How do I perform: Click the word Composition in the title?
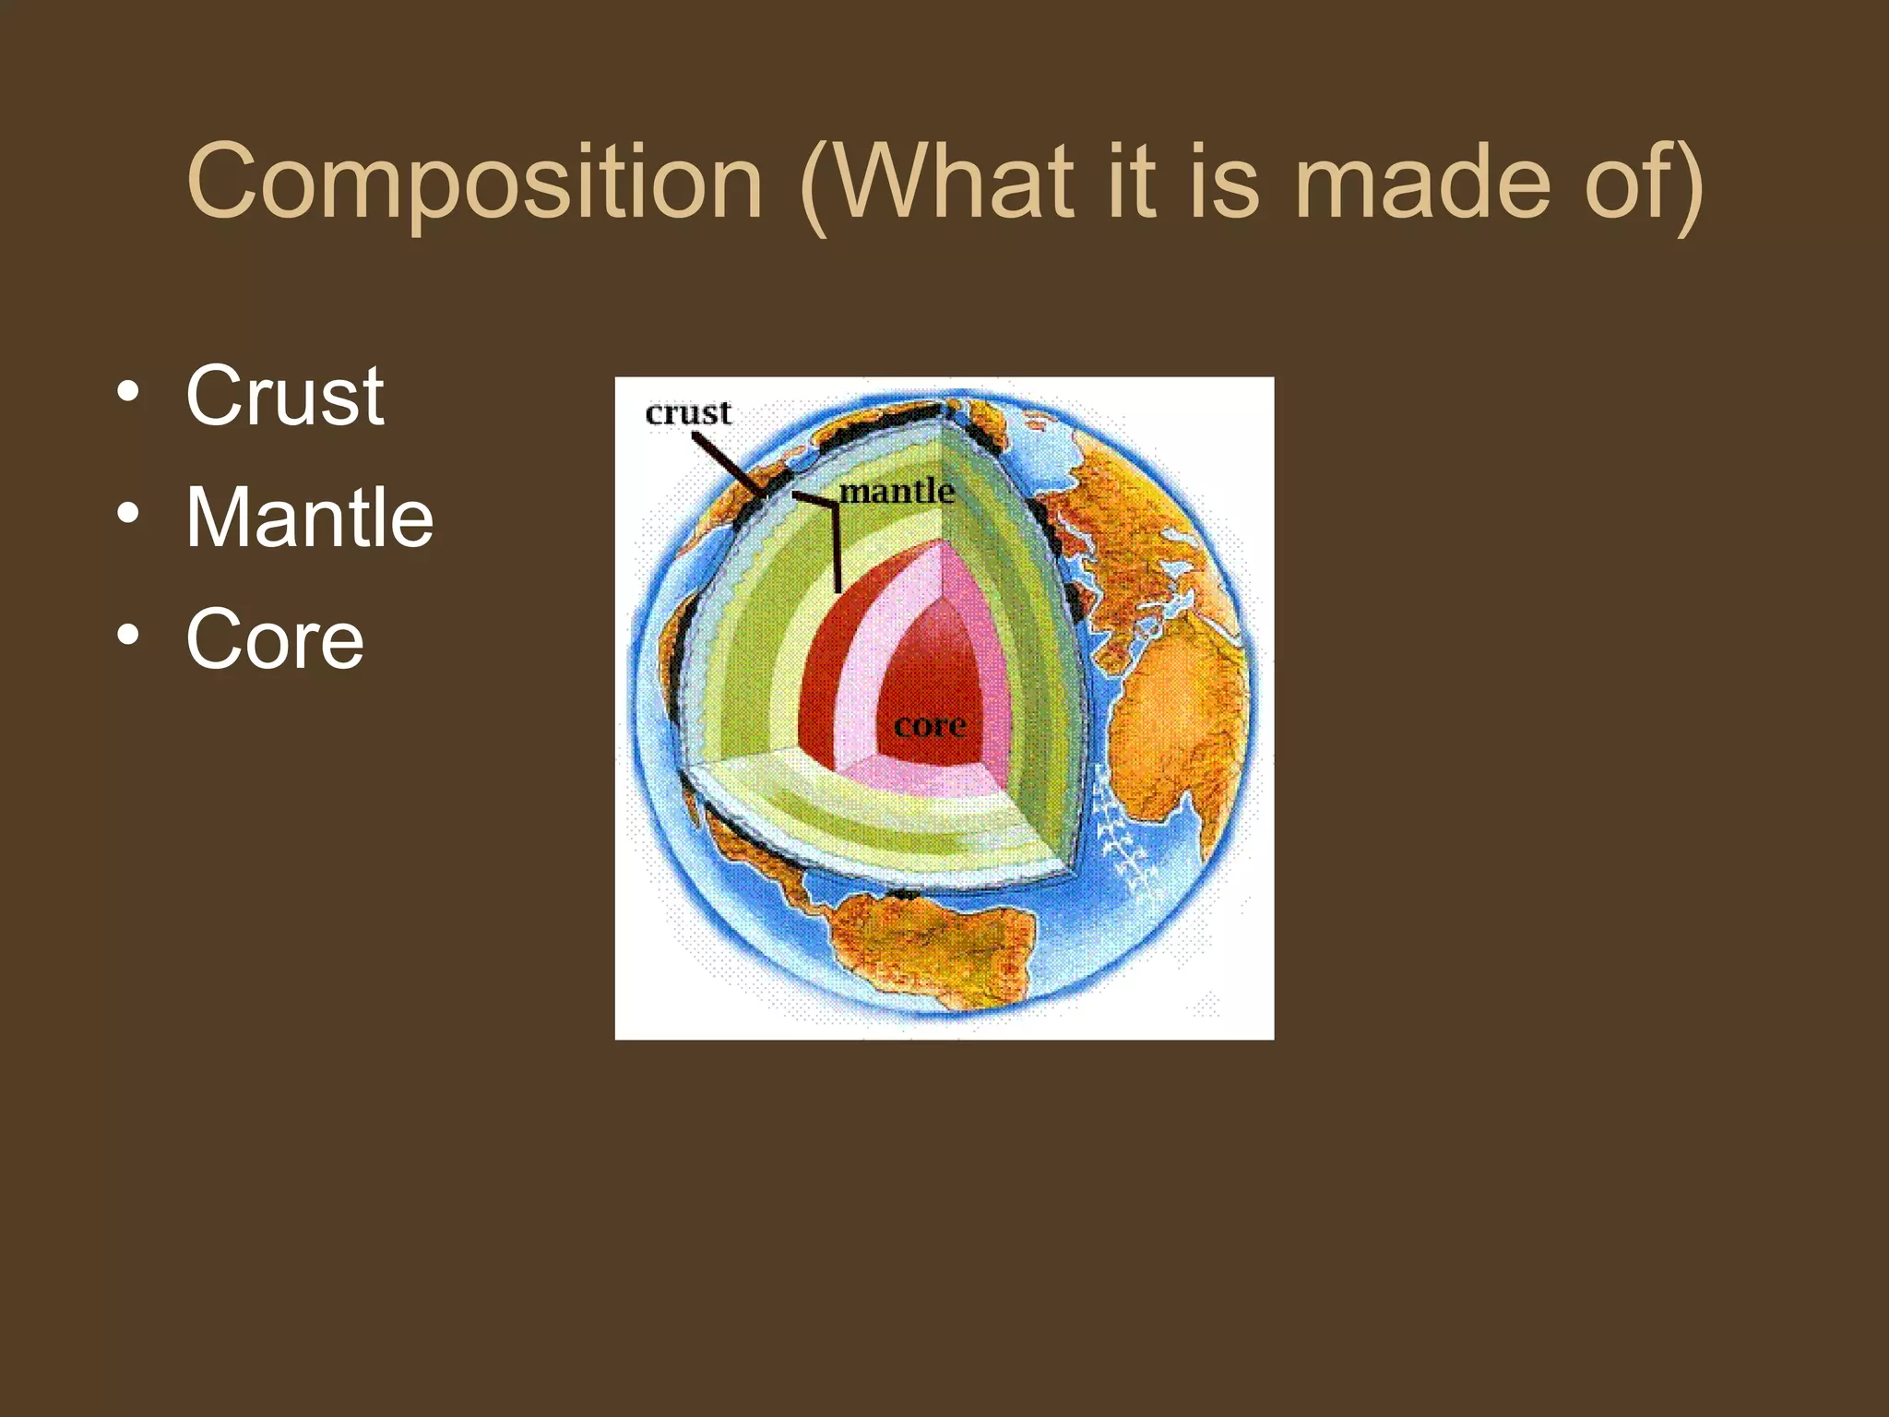pos(475,184)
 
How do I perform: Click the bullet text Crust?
pos(284,396)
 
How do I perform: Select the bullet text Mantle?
pos(309,518)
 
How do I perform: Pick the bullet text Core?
pos(275,639)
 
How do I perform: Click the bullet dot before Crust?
pos(128,391)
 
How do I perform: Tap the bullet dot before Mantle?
pos(128,513)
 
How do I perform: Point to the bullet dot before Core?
pos(128,635)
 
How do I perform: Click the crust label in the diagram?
pos(688,413)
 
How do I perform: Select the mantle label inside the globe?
pos(897,491)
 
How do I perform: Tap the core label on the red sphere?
pos(930,726)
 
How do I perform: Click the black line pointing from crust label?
pos(729,466)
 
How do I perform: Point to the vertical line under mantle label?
pos(836,549)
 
